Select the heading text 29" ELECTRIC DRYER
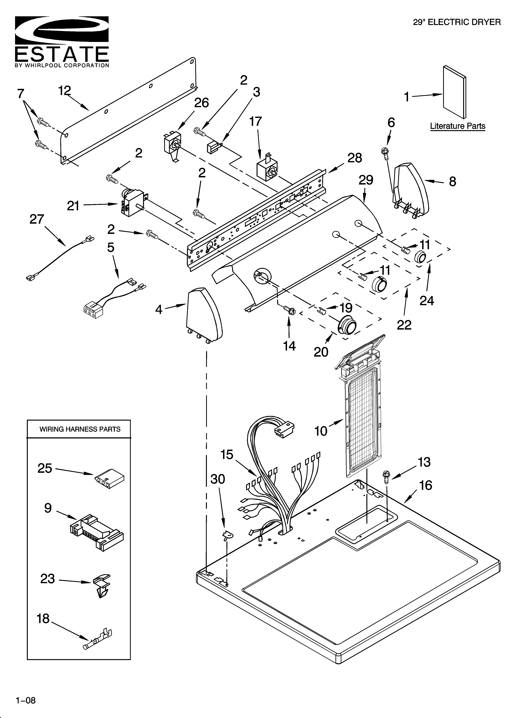457,22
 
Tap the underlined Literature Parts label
457,126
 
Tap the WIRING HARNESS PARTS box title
80,429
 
